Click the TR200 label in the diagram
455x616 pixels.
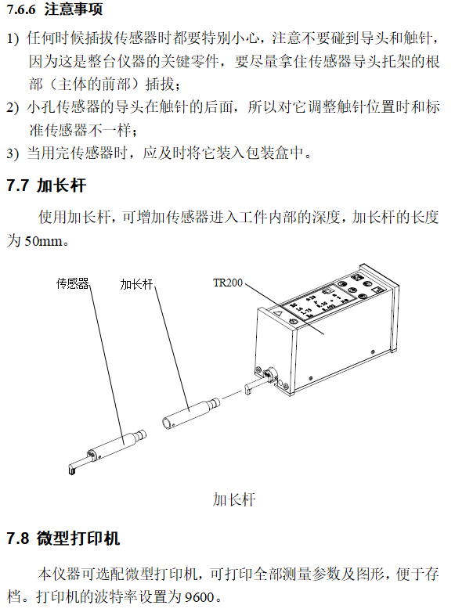(227, 283)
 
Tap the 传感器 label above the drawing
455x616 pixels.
(72, 283)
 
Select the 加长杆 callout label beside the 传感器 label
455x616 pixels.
(136, 284)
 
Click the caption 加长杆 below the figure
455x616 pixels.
(233, 499)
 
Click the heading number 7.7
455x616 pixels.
(17, 186)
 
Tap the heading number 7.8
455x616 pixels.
(17, 539)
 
